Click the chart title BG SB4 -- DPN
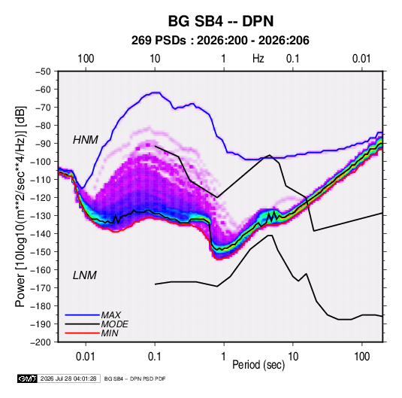point(221,21)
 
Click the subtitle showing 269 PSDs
point(220,41)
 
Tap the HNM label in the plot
point(86,140)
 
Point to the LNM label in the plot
point(85,275)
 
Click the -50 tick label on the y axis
point(43,71)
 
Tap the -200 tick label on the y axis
point(41,342)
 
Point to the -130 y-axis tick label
point(41,216)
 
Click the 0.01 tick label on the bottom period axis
point(86,357)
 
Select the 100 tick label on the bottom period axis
point(361,357)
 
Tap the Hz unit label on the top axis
point(258,59)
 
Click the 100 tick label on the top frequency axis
point(86,59)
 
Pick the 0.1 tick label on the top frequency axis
point(293,59)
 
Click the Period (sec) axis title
point(258,365)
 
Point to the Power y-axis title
point(20,206)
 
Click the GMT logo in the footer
point(28,378)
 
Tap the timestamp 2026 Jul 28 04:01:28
point(68,378)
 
